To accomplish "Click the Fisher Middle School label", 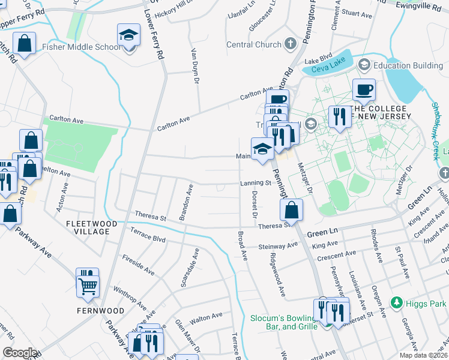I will pos(81,47).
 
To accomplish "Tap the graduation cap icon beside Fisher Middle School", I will pos(128,37).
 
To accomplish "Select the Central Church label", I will pos(253,44).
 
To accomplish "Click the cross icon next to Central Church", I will pos(290,44).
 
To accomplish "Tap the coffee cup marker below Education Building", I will pos(364,91).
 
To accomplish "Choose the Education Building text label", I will pos(408,65).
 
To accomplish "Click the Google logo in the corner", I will pos(20,353).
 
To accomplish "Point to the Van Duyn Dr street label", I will pos(194,67).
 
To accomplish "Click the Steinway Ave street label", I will pos(278,246).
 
